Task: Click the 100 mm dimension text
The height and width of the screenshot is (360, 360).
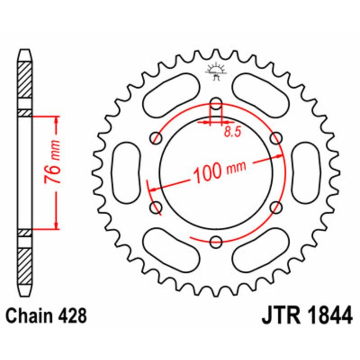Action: [220, 170]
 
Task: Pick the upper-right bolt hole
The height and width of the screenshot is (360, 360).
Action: [276, 136]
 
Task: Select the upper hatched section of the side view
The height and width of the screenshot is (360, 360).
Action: [25, 79]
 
